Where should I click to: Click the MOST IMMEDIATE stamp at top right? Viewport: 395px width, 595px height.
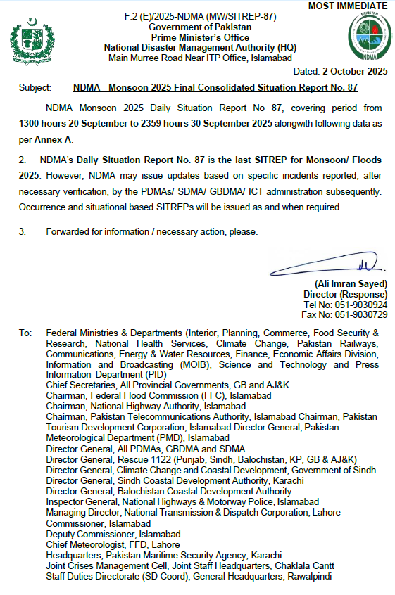coord(348,6)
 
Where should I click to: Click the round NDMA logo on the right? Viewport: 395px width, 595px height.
coord(366,37)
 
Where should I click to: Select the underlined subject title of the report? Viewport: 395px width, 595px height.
coord(215,88)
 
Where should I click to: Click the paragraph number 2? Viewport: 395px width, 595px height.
coord(22,161)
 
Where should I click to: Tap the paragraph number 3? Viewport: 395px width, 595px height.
coord(22,231)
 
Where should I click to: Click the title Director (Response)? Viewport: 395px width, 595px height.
coord(345,294)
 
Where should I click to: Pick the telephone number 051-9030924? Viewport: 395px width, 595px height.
coord(361,305)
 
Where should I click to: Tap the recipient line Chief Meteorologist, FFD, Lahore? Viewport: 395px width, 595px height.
coord(113,544)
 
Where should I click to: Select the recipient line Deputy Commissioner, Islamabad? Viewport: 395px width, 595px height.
coord(113,534)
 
